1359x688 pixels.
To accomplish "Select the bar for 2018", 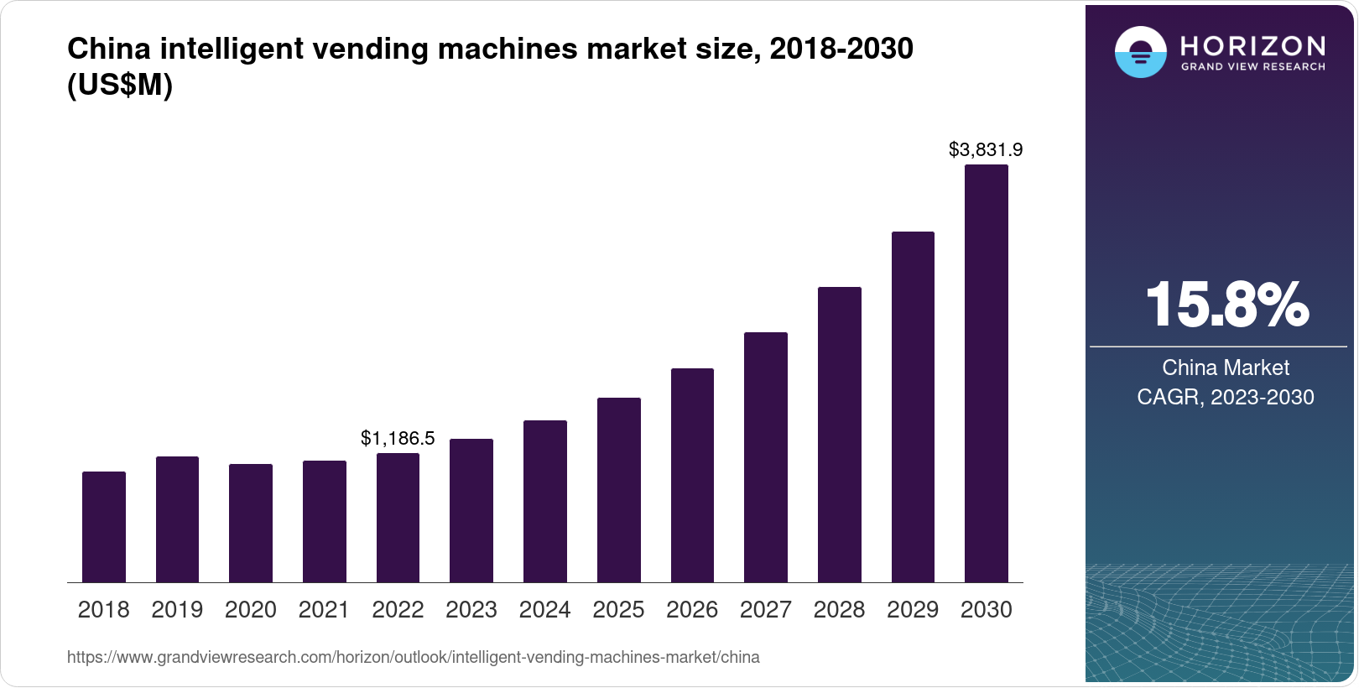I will tap(104, 527).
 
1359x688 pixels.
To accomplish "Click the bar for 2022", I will tap(398, 518).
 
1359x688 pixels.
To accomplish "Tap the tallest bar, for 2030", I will tap(987, 373).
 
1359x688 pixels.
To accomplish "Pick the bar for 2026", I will tap(692, 475).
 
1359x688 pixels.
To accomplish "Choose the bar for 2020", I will tap(251, 523).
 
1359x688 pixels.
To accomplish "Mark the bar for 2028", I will tap(840, 435).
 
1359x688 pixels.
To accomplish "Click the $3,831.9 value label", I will tap(986, 149).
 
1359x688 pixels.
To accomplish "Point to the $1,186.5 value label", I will tap(398, 438).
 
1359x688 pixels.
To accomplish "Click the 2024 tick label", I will tap(545, 610).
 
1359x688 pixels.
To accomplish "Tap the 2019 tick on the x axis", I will tap(177, 610).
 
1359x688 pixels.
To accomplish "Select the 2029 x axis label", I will tap(913, 610).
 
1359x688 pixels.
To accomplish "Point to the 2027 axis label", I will tap(766, 610).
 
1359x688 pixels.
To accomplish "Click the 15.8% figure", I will tap(1226, 305).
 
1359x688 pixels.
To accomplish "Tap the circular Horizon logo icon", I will tap(1140, 52).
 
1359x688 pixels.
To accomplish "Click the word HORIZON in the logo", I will tap(1253, 45).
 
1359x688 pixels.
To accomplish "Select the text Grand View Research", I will tap(1253, 67).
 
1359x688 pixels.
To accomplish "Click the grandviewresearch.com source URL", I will tap(414, 658).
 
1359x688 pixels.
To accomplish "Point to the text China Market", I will tap(1226, 367).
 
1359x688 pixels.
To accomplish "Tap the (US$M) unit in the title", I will tap(120, 85).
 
